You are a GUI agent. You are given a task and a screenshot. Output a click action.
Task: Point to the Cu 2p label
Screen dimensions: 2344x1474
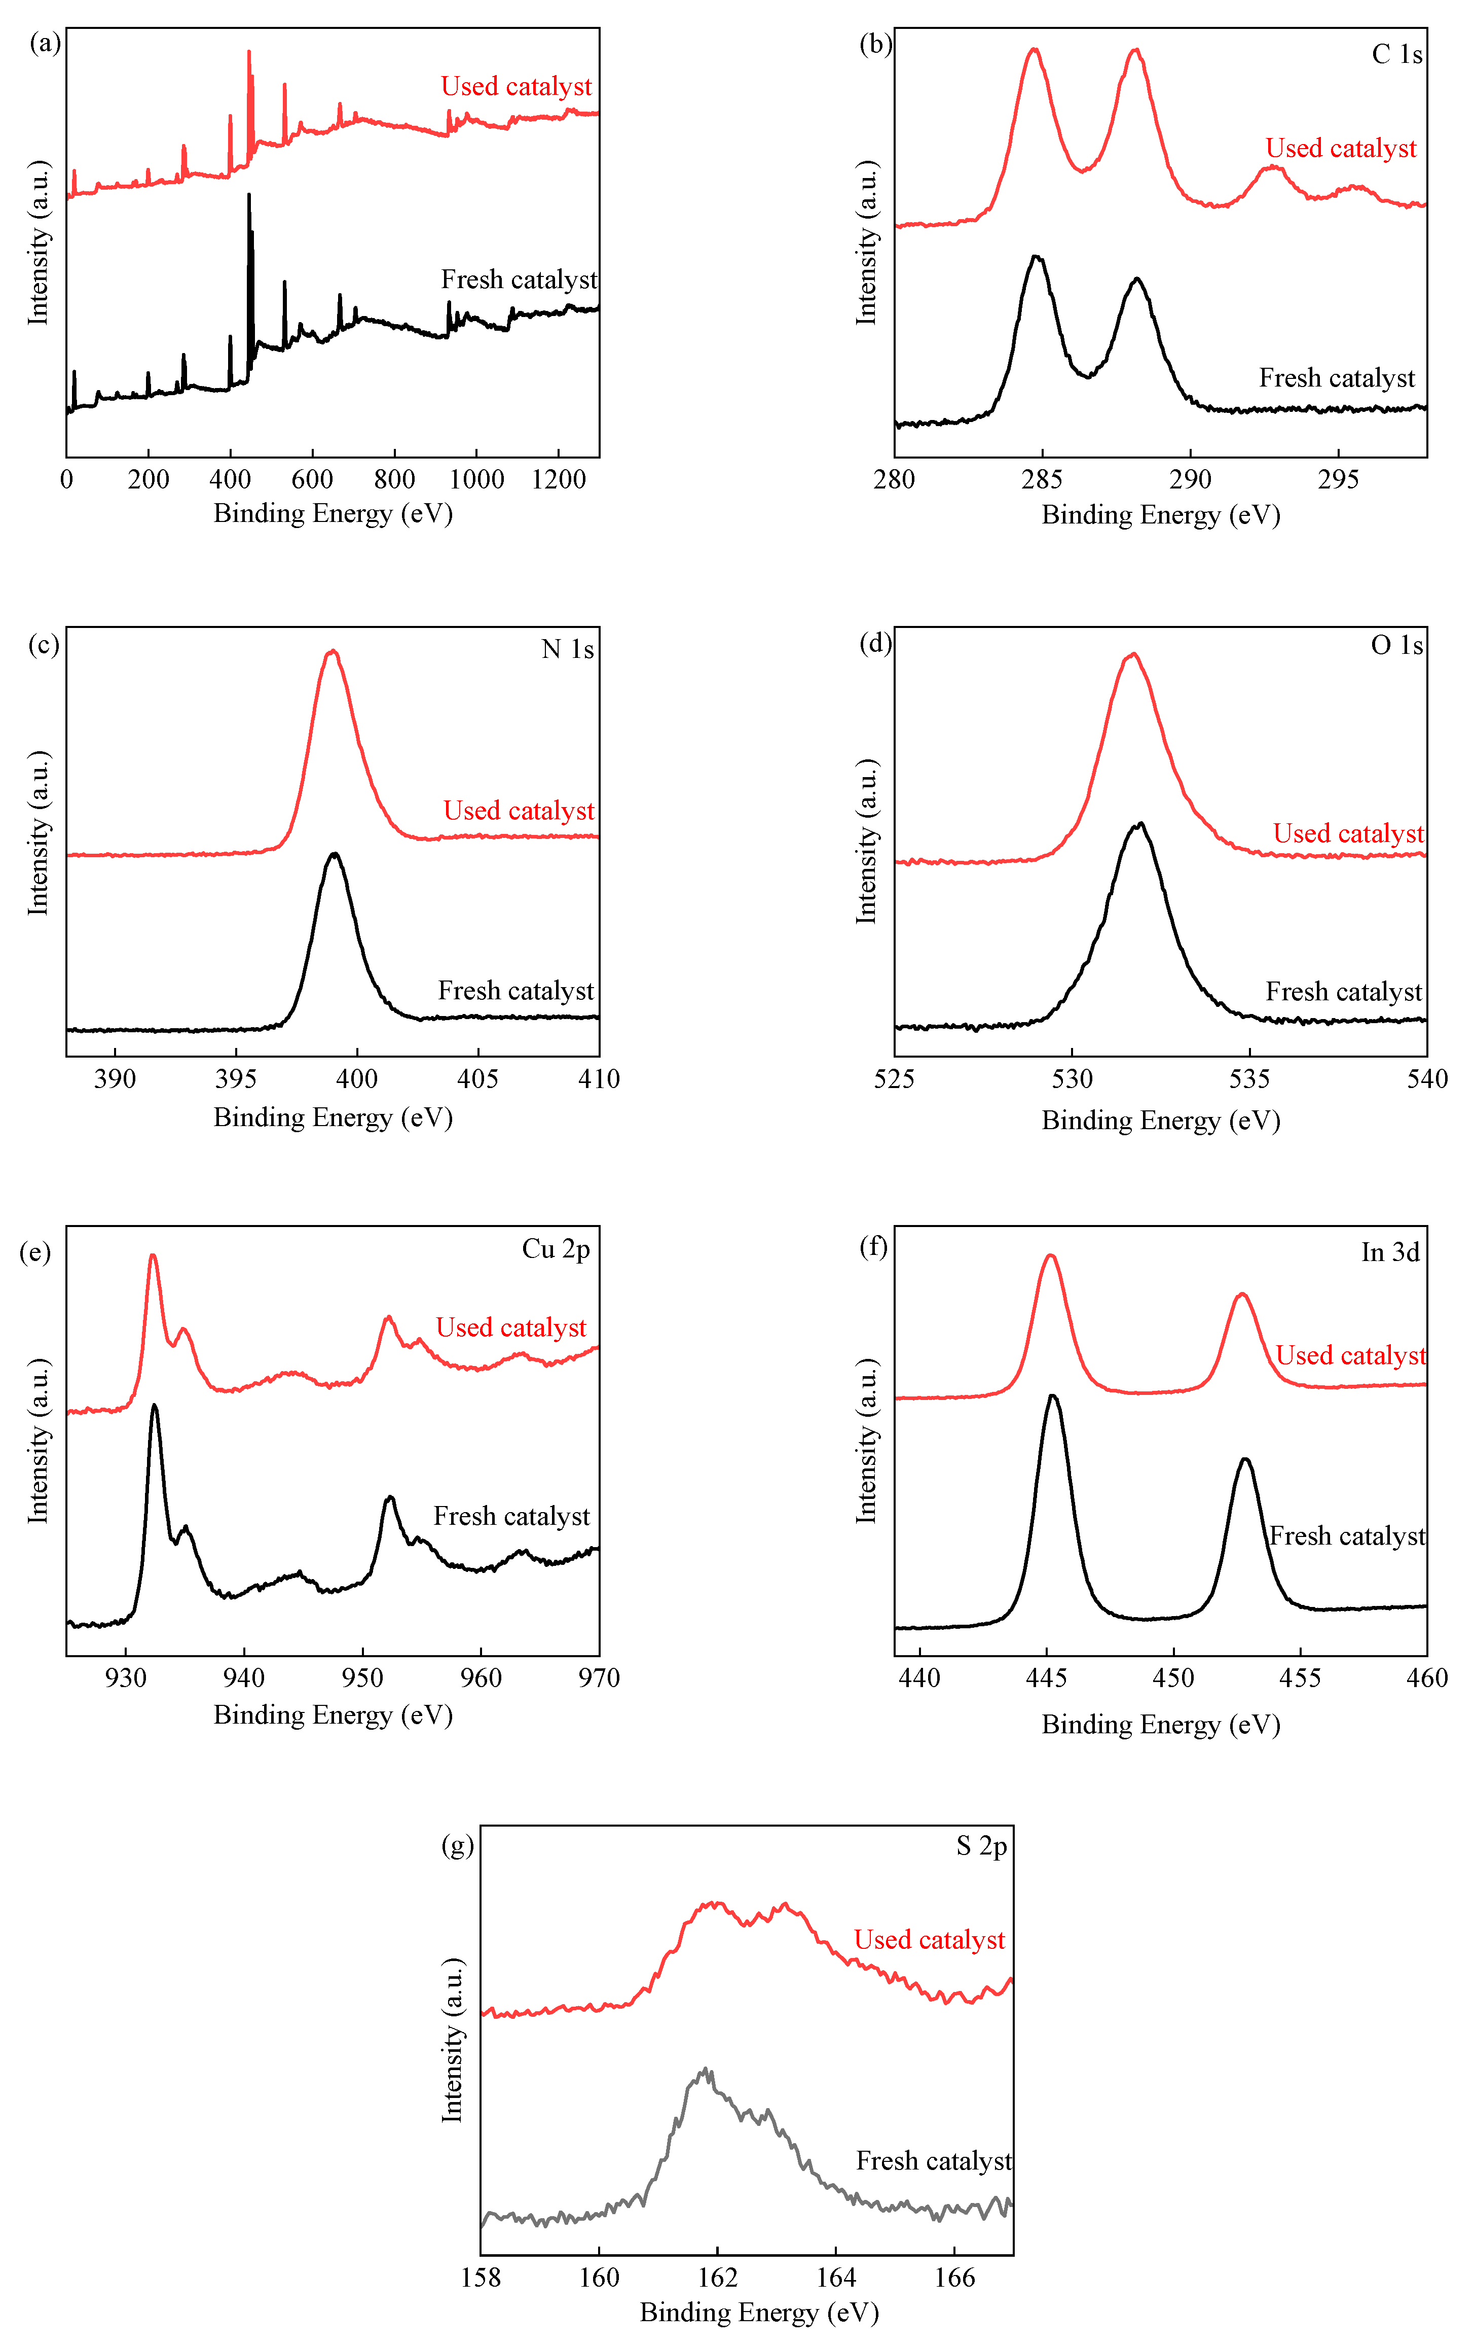(x=556, y=1249)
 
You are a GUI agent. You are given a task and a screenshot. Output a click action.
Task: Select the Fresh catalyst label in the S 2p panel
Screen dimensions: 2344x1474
(x=933, y=2161)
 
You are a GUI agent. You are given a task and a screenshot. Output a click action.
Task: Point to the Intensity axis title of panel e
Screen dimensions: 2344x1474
(x=38, y=1441)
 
